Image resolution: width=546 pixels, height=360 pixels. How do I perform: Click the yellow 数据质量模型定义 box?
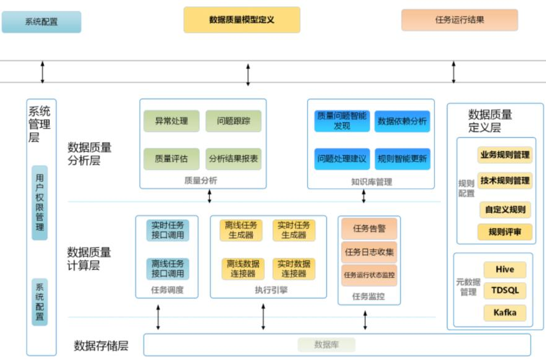pyautogui.click(x=241, y=20)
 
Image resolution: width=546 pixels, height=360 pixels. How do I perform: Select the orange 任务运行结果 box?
pyautogui.click(x=459, y=20)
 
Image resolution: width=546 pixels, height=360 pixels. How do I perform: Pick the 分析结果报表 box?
pyautogui.click(x=233, y=158)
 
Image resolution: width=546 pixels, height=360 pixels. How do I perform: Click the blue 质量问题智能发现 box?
pyautogui.click(x=341, y=121)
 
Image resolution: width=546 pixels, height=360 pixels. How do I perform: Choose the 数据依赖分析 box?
pyautogui.click(x=402, y=121)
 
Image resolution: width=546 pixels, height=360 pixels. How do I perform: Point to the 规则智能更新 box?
pyautogui.click(x=402, y=158)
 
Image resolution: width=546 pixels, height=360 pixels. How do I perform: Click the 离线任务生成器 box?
pyautogui.click(x=241, y=230)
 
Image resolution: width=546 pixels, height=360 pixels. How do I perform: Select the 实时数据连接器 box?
pyautogui.click(x=294, y=268)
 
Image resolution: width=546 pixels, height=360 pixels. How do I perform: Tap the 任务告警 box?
pyautogui.click(x=369, y=228)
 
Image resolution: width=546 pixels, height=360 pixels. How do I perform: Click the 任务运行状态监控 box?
pyautogui.click(x=369, y=275)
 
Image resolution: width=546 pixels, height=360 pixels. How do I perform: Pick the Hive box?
pyautogui.click(x=505, y=270)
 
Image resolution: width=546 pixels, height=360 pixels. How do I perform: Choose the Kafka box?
pyautogui.click(x=505, y=312)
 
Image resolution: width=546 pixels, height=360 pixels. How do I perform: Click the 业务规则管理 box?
pyautogui.click(x=505, y=155)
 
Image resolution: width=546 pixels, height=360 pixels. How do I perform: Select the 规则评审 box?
pyautogui.click(x=505, y=233)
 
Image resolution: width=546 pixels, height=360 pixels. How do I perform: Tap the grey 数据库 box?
pyautogui.click(x=326, y=345)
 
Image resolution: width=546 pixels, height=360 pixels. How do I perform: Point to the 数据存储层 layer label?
pyautogui.click(x=101, y=345)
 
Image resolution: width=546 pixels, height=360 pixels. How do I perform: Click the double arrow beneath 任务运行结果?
pyautogui.click(x=454, y=72)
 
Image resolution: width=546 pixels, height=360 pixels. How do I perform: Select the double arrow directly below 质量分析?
pyautogui.click(x=210, y=196)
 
